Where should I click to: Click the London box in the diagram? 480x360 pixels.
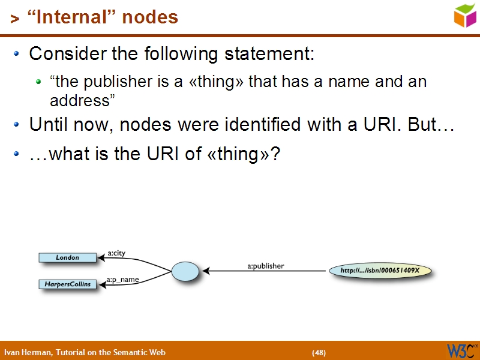pyautogui.click(x=67, y=257)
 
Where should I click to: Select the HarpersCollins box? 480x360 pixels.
pyautogui.click(x=67, y=284)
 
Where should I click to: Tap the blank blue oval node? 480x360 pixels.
pyautogui.click(x=185, y=271)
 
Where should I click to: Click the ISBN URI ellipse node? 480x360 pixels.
pyautogui.click(x=380, y=271)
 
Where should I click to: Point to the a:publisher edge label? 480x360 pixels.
pyautogui.click(x=265, y=265)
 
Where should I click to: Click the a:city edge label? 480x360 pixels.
pyautogui.click(x=117, y=253)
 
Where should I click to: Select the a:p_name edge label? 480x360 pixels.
pyautogui.click(x=122, y=280)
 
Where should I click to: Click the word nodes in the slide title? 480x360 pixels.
pyautogui.click(x=150, y=18)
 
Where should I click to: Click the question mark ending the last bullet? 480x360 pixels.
pyautogui.click(x=275, y=154)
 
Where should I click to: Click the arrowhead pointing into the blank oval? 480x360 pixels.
pyautogui.click(x=206, y=271)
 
